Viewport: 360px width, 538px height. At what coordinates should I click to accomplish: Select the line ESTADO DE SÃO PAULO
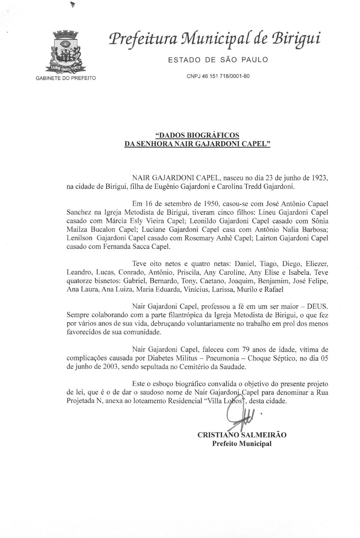[x=218, y=60]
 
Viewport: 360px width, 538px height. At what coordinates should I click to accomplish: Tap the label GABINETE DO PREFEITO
[x=66, y=79]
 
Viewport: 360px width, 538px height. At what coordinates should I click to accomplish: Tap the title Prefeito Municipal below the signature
[x=242, y=443]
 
